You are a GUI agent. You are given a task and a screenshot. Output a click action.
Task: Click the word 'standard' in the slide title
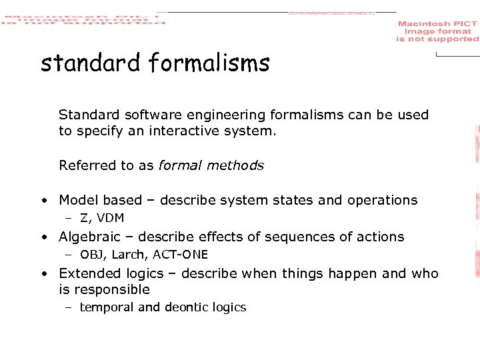coord(91,63)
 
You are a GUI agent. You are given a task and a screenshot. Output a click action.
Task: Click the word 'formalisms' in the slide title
coord(209,63)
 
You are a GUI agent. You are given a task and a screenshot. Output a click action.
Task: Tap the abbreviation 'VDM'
coord(110,218)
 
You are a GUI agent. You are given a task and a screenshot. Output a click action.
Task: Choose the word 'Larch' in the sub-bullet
coord(129,255)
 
